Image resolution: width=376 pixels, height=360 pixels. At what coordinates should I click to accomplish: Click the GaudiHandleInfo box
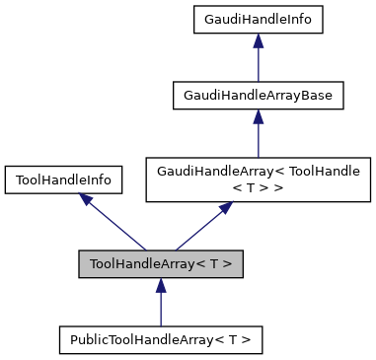coord(258,19)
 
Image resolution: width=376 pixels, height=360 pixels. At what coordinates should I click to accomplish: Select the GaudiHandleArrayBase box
coord(258,96)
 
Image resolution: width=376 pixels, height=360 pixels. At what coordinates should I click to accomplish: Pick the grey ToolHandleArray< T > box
coord(161,263)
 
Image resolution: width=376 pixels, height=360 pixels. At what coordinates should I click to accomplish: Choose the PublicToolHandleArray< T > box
coord(161,340)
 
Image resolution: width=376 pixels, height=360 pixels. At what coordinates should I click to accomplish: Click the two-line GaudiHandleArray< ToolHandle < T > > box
coord(258,180)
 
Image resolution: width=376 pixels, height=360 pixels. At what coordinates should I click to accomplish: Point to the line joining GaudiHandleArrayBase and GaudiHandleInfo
coord(258,63)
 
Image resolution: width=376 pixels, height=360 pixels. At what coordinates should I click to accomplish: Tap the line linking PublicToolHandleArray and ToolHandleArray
coord(161,308)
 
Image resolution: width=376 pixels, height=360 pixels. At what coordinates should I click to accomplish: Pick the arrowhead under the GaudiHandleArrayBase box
coord(258,116)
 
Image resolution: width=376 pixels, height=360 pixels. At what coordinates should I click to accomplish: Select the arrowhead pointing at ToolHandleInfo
coord(88,200)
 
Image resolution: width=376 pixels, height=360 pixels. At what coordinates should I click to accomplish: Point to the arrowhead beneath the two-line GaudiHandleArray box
coord(226,209)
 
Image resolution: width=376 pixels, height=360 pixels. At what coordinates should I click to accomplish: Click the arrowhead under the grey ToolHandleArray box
coord(161,285)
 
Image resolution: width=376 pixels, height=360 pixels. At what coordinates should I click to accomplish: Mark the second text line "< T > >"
coord(258,187)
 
